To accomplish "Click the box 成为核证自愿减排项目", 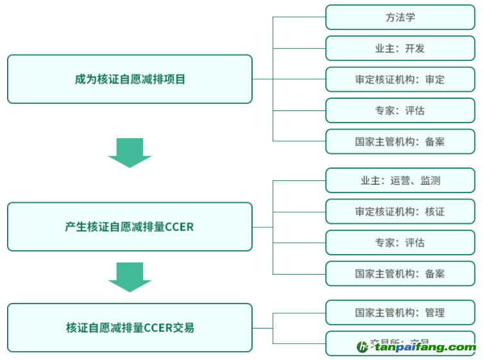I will tap(130, 80).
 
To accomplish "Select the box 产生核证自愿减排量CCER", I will tap(130, 227).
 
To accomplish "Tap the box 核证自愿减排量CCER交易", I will tap(130, 327).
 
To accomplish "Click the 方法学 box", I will tap(400, 17).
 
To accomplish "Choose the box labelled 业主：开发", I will tap(400, 48).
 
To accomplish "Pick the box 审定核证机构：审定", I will tap(400, 80).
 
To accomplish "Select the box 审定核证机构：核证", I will tap(400, 212).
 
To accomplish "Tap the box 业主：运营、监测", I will tap(400, 181).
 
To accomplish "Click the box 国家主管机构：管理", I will tap(400, 313).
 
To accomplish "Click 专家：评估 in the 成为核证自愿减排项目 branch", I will tap(400, 110).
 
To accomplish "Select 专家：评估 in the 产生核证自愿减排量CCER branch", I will tap(400, 243).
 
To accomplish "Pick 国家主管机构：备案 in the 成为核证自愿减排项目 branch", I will tap(400, 141).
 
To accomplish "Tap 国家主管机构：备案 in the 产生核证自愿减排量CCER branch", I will tap(400, 273).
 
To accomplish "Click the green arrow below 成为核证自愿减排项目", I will tap(130, 152).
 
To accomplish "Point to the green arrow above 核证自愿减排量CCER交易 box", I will tap(130, 277).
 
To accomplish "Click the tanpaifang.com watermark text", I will tap(425, 347).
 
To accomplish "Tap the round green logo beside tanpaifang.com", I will tap(363, 347).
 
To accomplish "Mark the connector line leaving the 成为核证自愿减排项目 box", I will tap(262, 79).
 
